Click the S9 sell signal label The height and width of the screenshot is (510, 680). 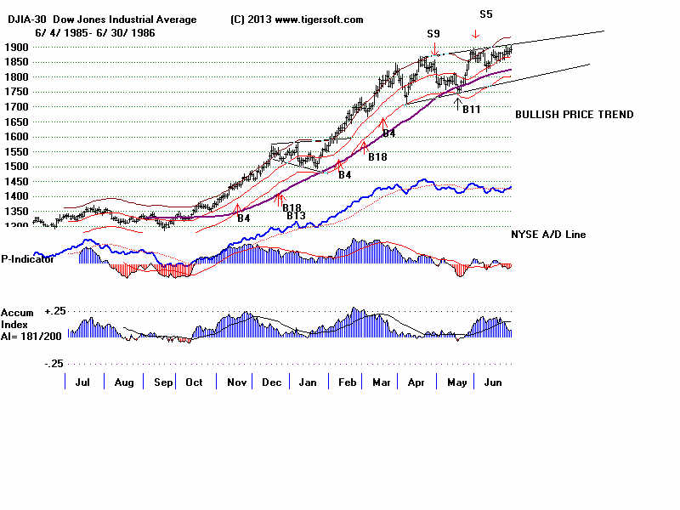click(433, 34)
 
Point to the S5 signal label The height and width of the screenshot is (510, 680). click(485, 14)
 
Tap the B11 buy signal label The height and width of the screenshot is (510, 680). click(472, 110)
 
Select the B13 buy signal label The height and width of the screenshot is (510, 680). click(296, 216)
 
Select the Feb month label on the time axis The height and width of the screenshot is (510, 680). click(347, 383)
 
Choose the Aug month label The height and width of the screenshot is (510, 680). click(124, 383)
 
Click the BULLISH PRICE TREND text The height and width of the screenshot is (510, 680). click(574, 115)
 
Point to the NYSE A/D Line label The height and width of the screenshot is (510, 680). click(548, 235)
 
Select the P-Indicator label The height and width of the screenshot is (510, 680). click(27, 259)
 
